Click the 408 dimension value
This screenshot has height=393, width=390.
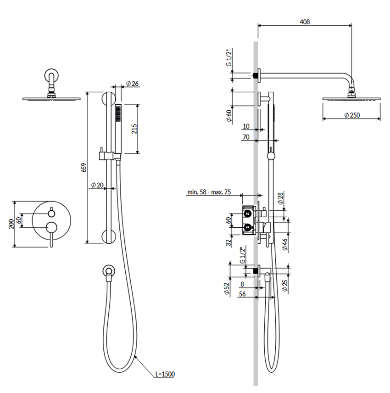pyautogui.click(x=305, y=22)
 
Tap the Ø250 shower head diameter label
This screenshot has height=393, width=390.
pyautogui.click(x=352, y=115)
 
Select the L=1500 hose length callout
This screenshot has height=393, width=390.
pyautogui.click(x=165, y=374)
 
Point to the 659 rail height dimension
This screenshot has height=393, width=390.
pyautogui.click(x=84, y=168)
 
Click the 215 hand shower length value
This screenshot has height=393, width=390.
pyautogui.click(x=134, y=129)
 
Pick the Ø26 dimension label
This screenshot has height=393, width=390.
pyautogui.click(x=132, y=84)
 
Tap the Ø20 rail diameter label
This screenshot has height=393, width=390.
pyautogui.click(x=97, y=185)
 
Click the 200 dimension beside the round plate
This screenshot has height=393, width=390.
pyautogui.click(x=11, y=224)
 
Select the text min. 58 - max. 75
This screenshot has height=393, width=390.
pyautogui.click(x=209, y=192)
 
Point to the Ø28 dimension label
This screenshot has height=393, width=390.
pyautogui.click(x=280, y=198)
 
